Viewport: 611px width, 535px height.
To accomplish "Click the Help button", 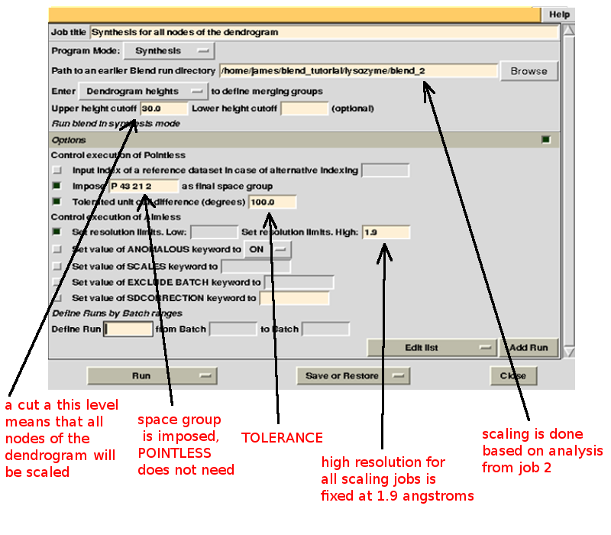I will pyautogui.click(x=559, y=15).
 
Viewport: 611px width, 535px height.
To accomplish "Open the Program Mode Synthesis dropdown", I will pyautogui.click(x=170, y=51).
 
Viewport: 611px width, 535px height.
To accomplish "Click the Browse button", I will pyautogui.click(x=529, y=71).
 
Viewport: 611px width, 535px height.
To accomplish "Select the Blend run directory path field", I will pyautogui.click(x=357, y=71).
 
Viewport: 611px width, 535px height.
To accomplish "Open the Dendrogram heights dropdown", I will pyautogui.click(x=142, y=91).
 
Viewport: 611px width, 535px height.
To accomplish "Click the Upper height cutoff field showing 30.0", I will pyautogui.click(x=158, y=109).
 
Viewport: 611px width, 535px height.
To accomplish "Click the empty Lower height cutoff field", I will pyautogui.click(x=304, y=109).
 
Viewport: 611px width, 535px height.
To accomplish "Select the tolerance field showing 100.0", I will pyautogui.click(x=272, y=202).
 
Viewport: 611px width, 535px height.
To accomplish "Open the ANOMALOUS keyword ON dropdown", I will pyautogui.click(x=267, y=249).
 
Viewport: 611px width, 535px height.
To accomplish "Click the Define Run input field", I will pyautogui.click(x=128, y=329).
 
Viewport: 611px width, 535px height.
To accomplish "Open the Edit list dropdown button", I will pyautogui.click(x=432, y=348).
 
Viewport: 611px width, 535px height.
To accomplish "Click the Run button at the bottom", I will pyautogui.click(x=152, y=376).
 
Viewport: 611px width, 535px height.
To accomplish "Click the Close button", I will pyautogui.click(x=512, y=376).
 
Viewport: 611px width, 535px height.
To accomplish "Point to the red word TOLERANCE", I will pyautogui.click(x=282, y=438).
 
